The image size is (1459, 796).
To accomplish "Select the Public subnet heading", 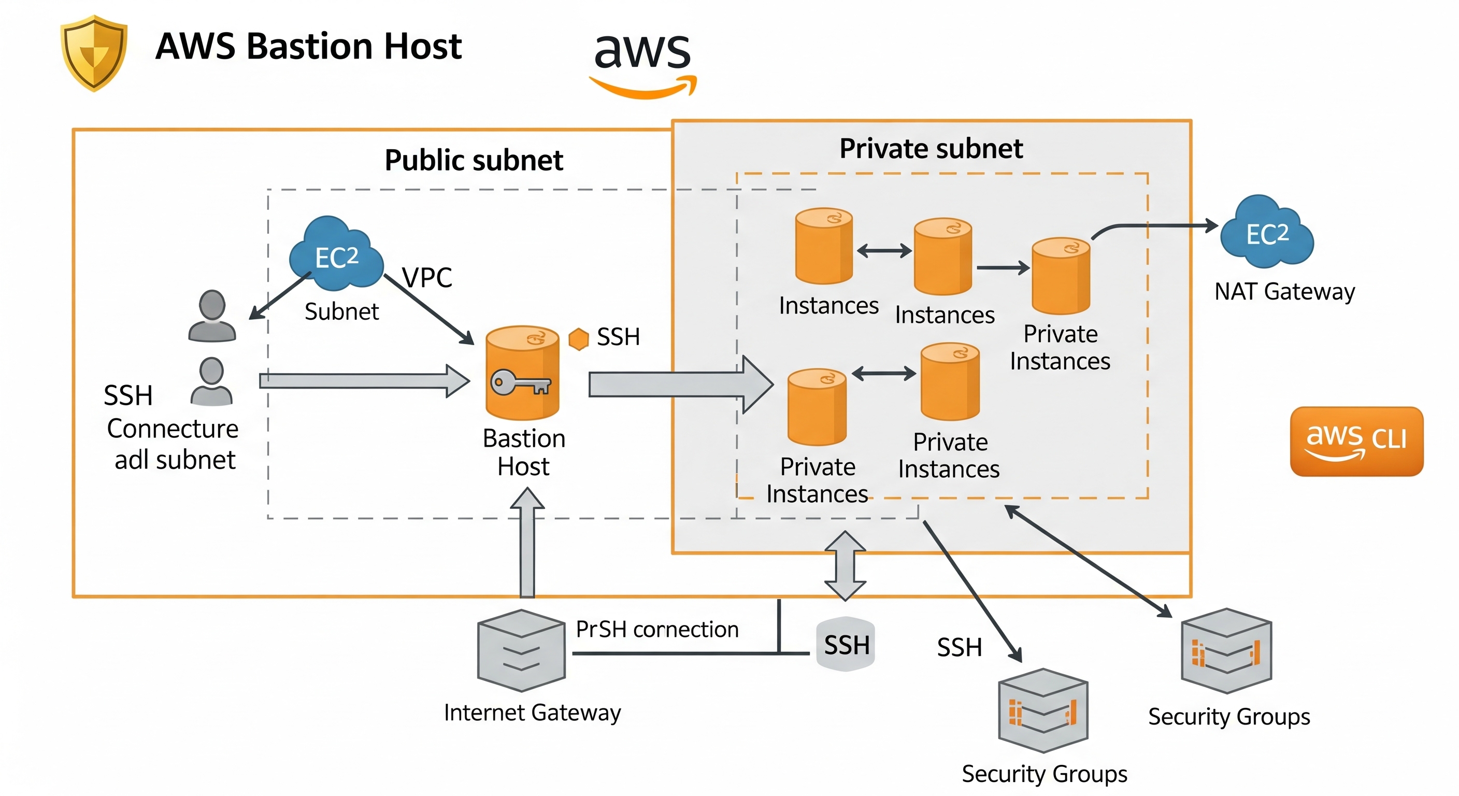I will pyautogui.click(x=474, y=160).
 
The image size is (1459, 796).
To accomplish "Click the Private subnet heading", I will pyautogui.click(x=931, y=148).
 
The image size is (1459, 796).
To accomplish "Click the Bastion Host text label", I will pyautogui.click(x=524, y=452).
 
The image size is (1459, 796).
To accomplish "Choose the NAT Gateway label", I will pyautogui.click(x=1284, y=291).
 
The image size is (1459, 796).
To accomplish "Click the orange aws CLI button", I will pyautogui.click(x=1356, y=441).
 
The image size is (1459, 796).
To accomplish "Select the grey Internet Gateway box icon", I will pyautogui.click(x=521, y=650).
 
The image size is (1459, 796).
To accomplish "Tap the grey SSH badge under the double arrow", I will pyautogui.click(x=846, y=644).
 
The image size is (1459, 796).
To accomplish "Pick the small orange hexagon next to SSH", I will pyautogui.click(x=578, y=339).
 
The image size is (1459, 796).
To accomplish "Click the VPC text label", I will pyautogui.click(x=427, y=278).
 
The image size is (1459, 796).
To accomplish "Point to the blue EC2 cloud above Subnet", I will pyautogui.click(x=336, y=254).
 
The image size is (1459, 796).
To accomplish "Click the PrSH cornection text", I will pyautogui.click(x=657, y=629).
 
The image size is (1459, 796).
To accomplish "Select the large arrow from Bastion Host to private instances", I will pyautogui.click(x=680, y=384).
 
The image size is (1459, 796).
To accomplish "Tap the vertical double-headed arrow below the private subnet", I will pyautogui.click(x=845, y=565).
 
